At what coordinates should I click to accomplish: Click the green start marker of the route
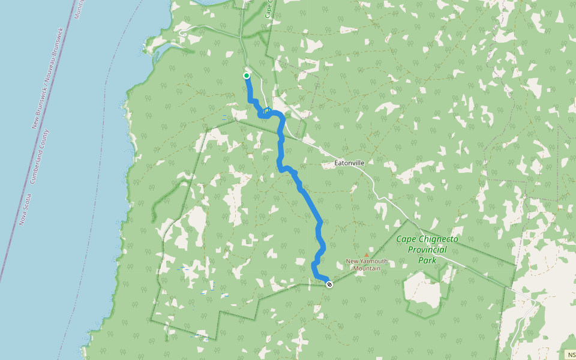246,76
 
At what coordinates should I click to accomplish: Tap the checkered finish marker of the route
329,284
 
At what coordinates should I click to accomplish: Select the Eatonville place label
350,163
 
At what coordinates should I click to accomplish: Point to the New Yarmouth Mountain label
367,264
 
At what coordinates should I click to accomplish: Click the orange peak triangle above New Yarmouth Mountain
367,254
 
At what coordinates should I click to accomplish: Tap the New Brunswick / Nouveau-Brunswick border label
47,79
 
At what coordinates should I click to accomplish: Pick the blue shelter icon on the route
266,110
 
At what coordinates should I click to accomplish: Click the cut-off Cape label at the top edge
268,9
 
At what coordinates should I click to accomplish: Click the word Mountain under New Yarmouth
367,268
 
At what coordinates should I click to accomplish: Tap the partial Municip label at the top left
77,9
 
